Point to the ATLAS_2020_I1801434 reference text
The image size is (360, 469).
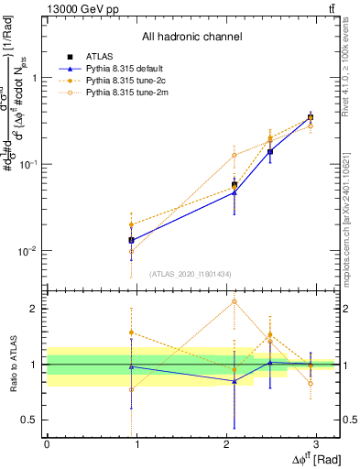click(191, 274)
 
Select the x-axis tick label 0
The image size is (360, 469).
click(47, 446)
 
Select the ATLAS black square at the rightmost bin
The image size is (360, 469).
click(311, 117)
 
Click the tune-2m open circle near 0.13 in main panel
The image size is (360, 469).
click(235, 155)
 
